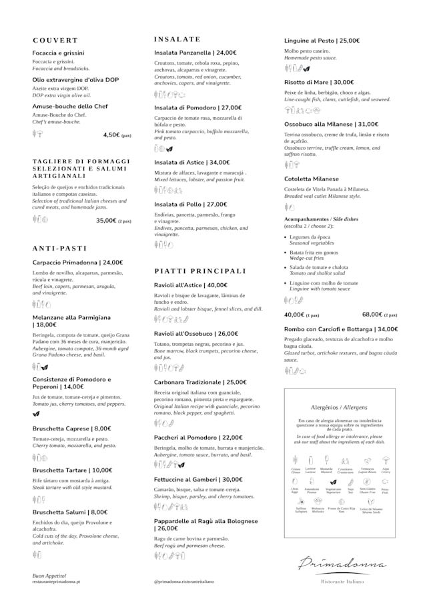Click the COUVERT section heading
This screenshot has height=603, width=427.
coord(55,41)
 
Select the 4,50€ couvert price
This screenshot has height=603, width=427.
coord(111,135)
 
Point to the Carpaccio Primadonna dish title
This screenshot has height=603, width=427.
coord(77,263)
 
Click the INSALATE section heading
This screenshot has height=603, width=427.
coord(177,39)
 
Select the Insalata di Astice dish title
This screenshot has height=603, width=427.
coord(191,162)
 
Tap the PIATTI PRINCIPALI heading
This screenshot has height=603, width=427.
coord(200,271)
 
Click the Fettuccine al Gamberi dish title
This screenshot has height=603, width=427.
coord(198,479)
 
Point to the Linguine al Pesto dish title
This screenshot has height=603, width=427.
coord(322,41)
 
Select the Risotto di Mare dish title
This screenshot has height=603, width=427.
coord(319,82)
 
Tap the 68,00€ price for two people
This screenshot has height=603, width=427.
coord(372,314)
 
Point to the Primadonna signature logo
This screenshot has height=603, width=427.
coord(342,563)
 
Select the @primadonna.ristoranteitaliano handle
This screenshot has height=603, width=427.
coord(184,582)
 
